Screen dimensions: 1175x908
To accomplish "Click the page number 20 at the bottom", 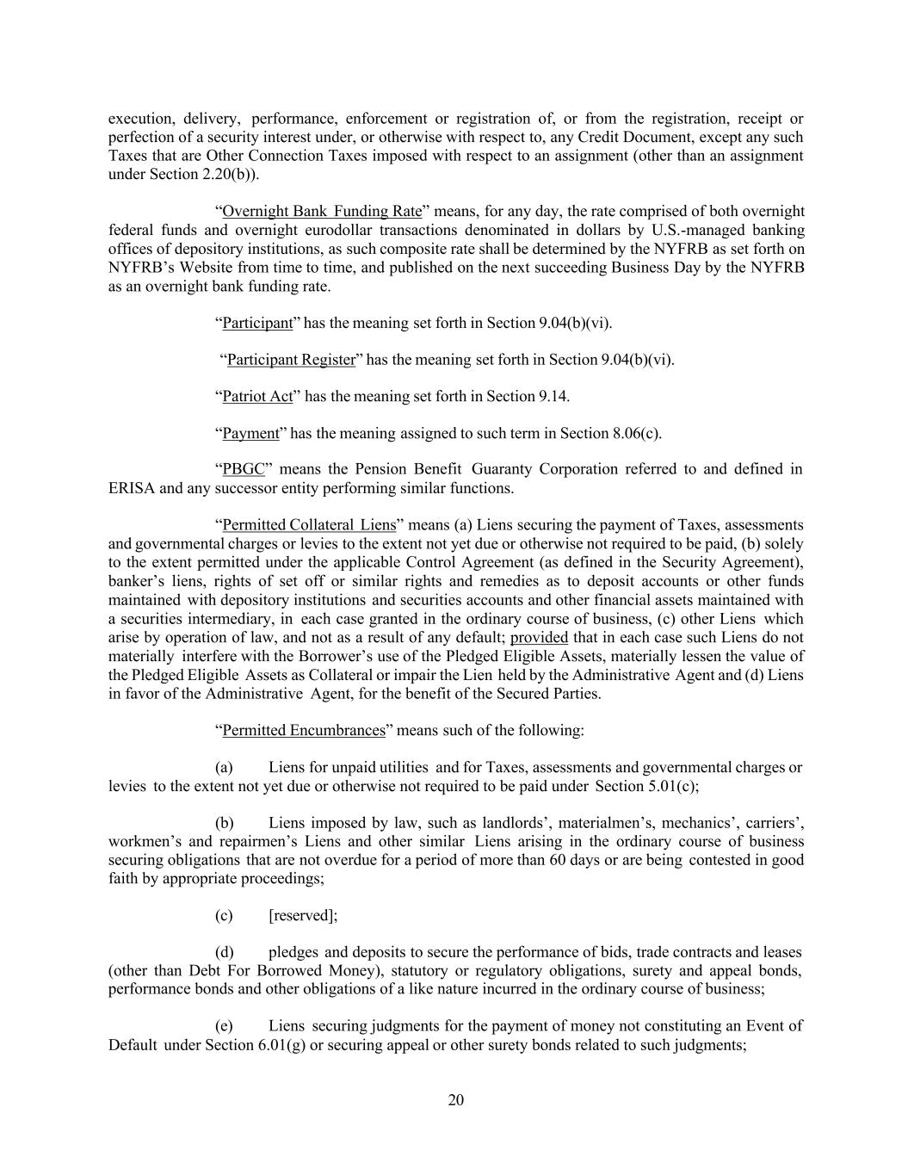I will (456, 1100).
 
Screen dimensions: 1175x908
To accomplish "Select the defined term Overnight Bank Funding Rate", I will (322, 212).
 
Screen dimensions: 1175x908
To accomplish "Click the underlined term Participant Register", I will (291, 360).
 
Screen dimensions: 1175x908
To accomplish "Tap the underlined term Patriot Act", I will (257, 397).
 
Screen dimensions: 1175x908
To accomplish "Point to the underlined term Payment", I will (250, 434).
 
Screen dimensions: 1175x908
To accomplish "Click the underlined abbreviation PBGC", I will (243, 470).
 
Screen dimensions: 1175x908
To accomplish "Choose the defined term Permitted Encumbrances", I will (303, 731).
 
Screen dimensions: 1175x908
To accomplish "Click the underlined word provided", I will (539, 638).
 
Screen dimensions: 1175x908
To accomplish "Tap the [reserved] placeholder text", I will (303, 916).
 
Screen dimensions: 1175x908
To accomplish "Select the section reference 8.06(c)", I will (637, 434).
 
